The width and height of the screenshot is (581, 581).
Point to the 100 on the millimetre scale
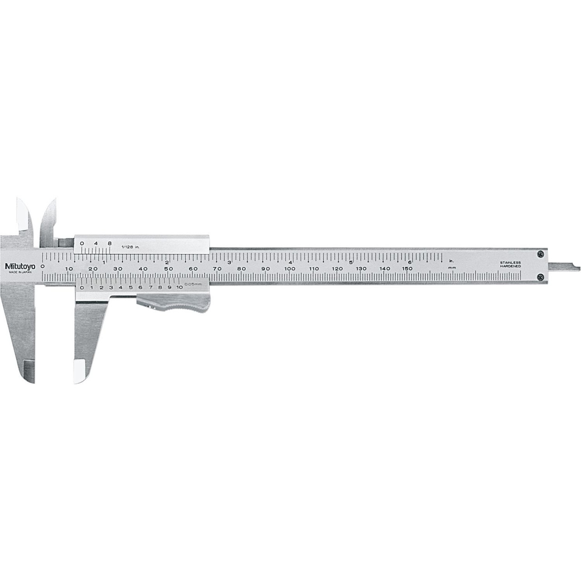pos(290,269)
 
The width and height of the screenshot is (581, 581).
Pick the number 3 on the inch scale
pos(229,262)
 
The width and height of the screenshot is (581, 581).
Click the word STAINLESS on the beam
pos(510,263)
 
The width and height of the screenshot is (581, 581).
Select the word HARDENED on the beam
pos(510,267)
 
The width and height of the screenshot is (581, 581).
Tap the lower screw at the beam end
pos(539,276)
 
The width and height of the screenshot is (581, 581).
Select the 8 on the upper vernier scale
pos(109,243)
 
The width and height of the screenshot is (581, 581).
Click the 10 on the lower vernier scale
pos(179,287)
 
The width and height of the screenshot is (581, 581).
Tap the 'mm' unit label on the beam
pos(451,268)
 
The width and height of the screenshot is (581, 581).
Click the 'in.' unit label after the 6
pos(451,261)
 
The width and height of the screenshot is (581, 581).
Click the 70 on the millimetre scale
pos(217,269)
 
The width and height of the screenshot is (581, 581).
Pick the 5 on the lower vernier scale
pos(130,287)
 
